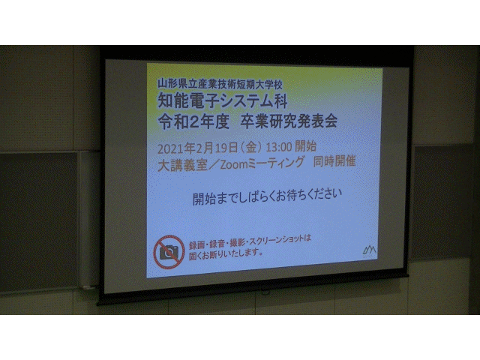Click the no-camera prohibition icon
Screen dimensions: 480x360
tap(169, 252)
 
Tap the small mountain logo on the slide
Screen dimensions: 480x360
tap(369, 250)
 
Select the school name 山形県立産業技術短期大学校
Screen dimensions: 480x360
tap(220, 83)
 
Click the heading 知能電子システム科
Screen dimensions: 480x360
tap(223, 100)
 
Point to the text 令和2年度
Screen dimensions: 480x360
tap(193, 121)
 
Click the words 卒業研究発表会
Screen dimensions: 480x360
tap(289, 121)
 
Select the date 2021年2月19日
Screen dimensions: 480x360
tap(197, 148)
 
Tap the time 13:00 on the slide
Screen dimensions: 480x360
tap(278, 147)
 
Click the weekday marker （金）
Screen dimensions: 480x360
tap(251, 148)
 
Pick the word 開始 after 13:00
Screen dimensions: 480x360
tap(305, 146)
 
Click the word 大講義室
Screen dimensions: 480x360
tap(182, 166)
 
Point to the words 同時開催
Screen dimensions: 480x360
tap(334, 161)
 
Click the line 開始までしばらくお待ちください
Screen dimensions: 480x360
tap(267, 196)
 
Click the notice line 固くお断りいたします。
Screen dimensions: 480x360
tap(226, 254)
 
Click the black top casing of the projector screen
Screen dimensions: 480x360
tap(256, 52)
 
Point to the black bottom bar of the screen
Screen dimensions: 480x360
tap(253, 290)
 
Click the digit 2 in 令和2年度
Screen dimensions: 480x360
tap(193, 122)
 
